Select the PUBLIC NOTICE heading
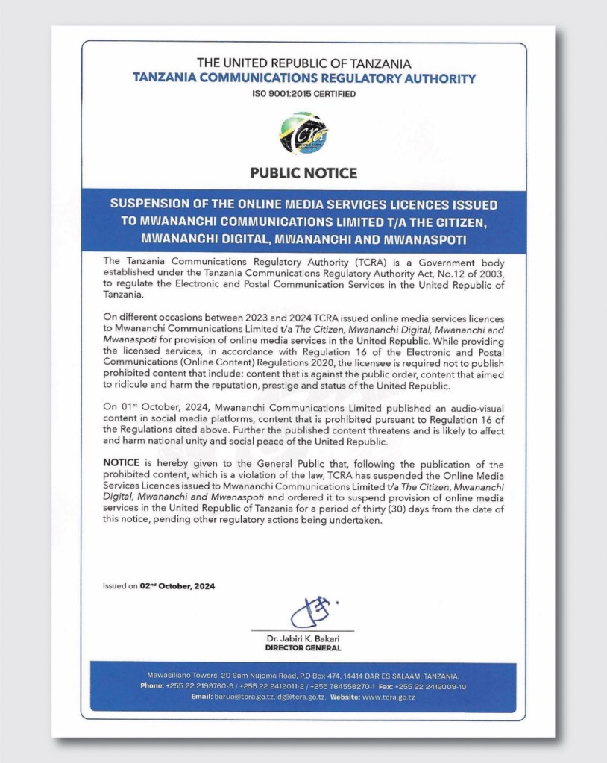pyautogui.click(x=303, y=173)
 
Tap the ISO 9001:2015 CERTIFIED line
pyautogui.click(x=303, y=94)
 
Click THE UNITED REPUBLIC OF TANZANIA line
pyautogui.click(x=303, y=64)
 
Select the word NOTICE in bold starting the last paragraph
pyautogui.click(x=122, y=464)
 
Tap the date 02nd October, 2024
pyautogui.click(x=177, y=586)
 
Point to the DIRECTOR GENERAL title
pyautogui.click(x=303, y=649)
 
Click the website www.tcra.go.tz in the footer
pyautogui.click(x=389, y=697)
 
